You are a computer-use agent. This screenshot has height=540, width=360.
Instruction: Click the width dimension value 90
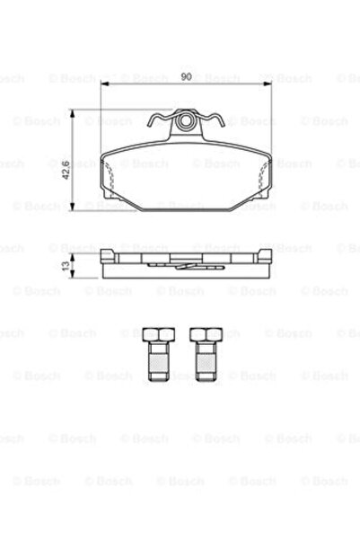tap(186, 77)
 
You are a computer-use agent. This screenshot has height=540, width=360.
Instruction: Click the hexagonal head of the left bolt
tap(154, 337)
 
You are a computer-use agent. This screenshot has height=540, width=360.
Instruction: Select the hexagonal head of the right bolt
tap(204, 337)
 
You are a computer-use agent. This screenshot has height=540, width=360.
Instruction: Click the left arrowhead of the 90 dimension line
tap(104, 84)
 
